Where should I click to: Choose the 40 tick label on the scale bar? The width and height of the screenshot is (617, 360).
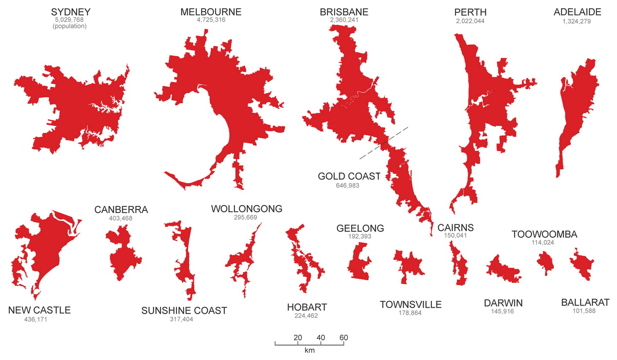point(321,337)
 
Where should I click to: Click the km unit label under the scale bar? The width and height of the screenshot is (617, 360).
point(310,351)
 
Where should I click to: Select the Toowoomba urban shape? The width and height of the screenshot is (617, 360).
point(545,262)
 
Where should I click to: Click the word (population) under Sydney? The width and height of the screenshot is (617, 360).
point(70,27)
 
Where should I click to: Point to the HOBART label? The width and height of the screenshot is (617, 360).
point(307,308)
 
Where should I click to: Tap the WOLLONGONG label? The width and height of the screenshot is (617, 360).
point(247,209)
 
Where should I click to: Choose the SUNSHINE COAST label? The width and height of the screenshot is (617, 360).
point(184,311)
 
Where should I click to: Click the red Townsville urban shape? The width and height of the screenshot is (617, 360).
point(409,265)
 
